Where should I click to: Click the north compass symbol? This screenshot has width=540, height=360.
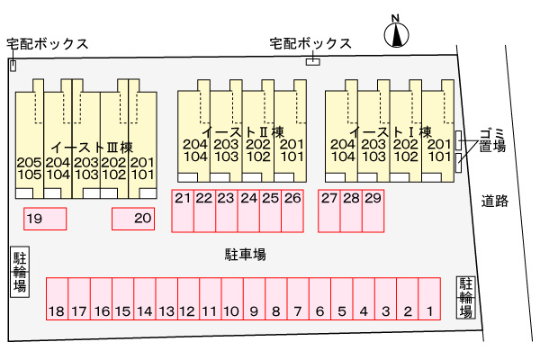394,34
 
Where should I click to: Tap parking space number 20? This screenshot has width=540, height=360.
133,219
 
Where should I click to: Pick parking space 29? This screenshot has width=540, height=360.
373,210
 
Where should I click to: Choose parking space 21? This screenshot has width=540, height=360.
183,210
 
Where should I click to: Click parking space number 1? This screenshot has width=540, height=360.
430,299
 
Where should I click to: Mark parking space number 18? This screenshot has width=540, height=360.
56,299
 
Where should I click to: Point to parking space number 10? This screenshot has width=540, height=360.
231,299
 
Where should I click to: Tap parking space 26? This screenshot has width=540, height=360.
292,210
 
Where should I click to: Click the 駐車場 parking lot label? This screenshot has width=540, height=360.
245,255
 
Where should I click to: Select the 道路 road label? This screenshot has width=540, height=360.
494,201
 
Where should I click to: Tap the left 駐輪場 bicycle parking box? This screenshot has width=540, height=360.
19,271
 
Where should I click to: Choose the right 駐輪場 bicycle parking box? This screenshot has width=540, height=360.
465,296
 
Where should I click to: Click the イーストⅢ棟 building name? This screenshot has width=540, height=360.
92,147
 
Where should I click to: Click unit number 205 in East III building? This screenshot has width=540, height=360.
29,162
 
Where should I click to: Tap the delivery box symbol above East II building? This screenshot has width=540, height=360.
312,60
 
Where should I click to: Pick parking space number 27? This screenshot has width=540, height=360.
329,210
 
